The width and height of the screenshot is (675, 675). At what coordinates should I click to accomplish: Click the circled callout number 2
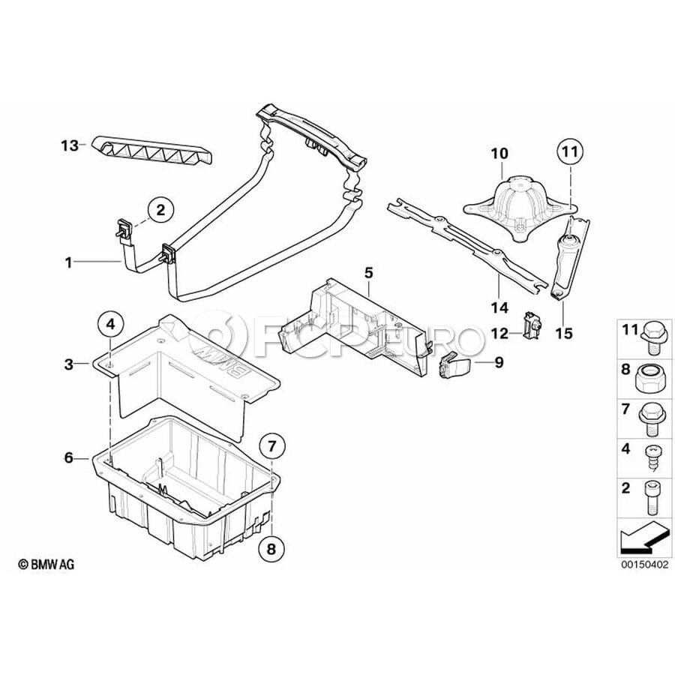(160, 210)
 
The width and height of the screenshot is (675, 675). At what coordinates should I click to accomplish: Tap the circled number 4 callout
(109, 325)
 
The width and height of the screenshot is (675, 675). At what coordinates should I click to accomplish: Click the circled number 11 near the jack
(569, 153)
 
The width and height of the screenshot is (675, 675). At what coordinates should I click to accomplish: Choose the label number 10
(499, 154)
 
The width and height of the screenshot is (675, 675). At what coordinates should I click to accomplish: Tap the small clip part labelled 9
(451, 367)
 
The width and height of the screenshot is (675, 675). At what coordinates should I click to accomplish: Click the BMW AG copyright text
(46, 564)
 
